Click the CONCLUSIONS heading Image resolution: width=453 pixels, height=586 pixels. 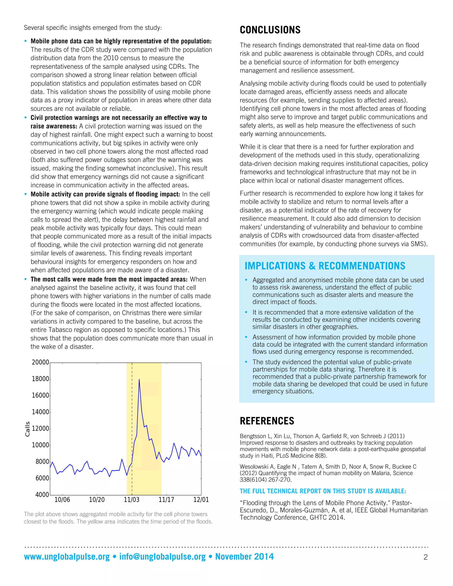(270, 30)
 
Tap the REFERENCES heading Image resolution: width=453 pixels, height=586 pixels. (267, 421)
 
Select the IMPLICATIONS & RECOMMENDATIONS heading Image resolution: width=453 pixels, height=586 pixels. (325, 266)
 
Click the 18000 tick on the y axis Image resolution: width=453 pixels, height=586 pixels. (40, 379)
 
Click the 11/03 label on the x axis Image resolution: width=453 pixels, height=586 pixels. (132, 500)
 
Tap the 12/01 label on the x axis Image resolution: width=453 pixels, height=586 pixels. (201, 500)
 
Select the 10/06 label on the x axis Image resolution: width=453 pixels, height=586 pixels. (62, 500)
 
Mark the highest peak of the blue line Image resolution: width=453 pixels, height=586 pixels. (139, 379)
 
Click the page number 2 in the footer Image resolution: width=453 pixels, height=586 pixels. (425, 557)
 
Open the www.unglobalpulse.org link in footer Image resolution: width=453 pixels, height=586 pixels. (67, 557)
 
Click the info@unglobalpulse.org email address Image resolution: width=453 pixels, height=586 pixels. (162, 557)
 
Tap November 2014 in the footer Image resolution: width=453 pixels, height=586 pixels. (244, 557)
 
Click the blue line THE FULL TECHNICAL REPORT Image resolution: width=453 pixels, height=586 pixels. (323, 491)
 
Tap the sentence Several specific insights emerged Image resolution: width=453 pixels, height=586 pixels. (93, 28)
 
